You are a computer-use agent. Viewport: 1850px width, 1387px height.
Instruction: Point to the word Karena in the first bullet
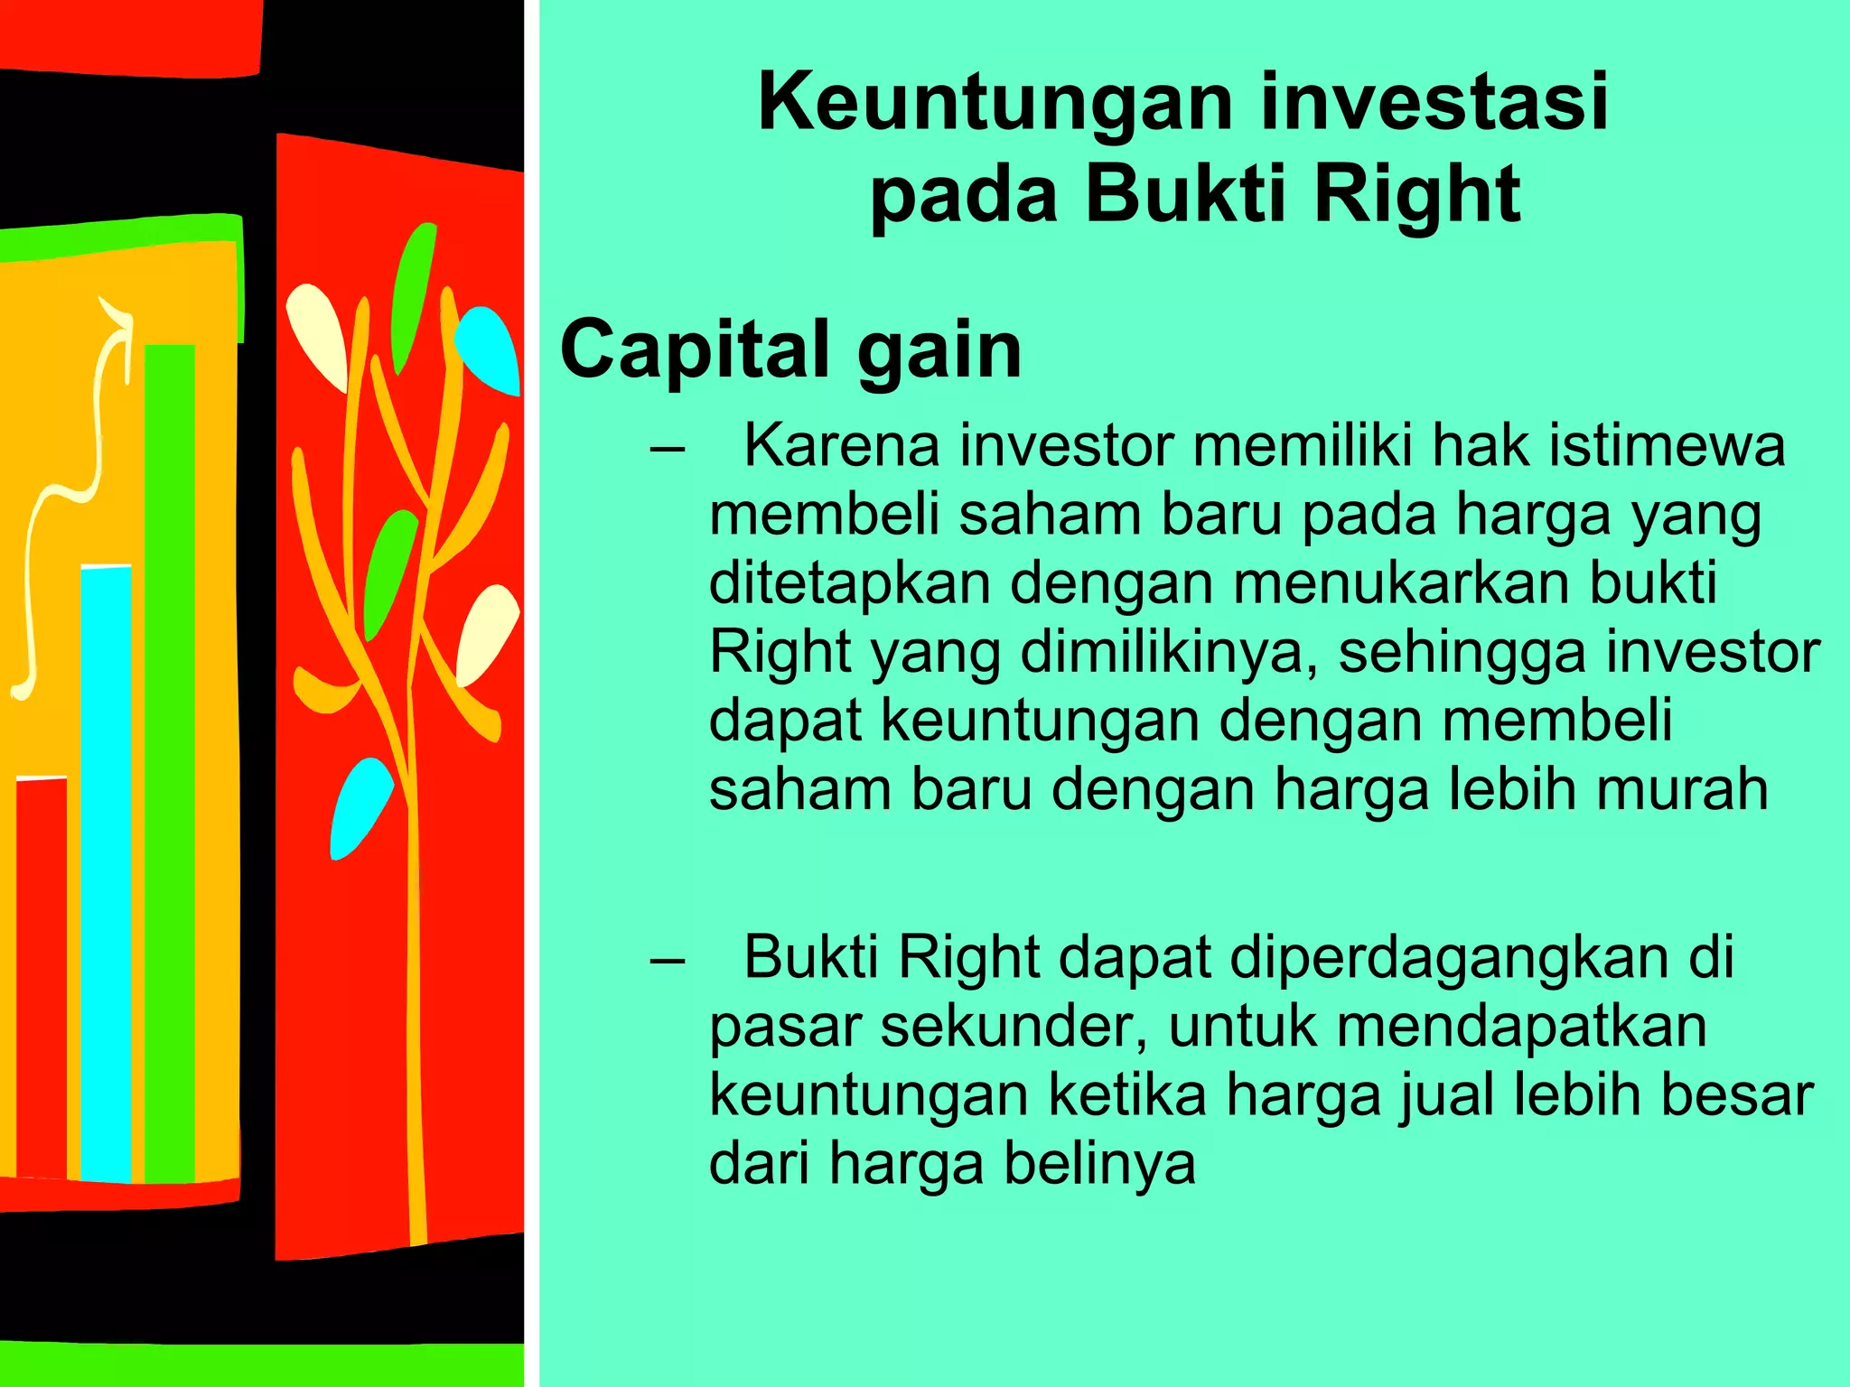(x=841, y=446)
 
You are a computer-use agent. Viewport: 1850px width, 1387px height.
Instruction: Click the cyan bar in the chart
(x=107, y=871)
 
